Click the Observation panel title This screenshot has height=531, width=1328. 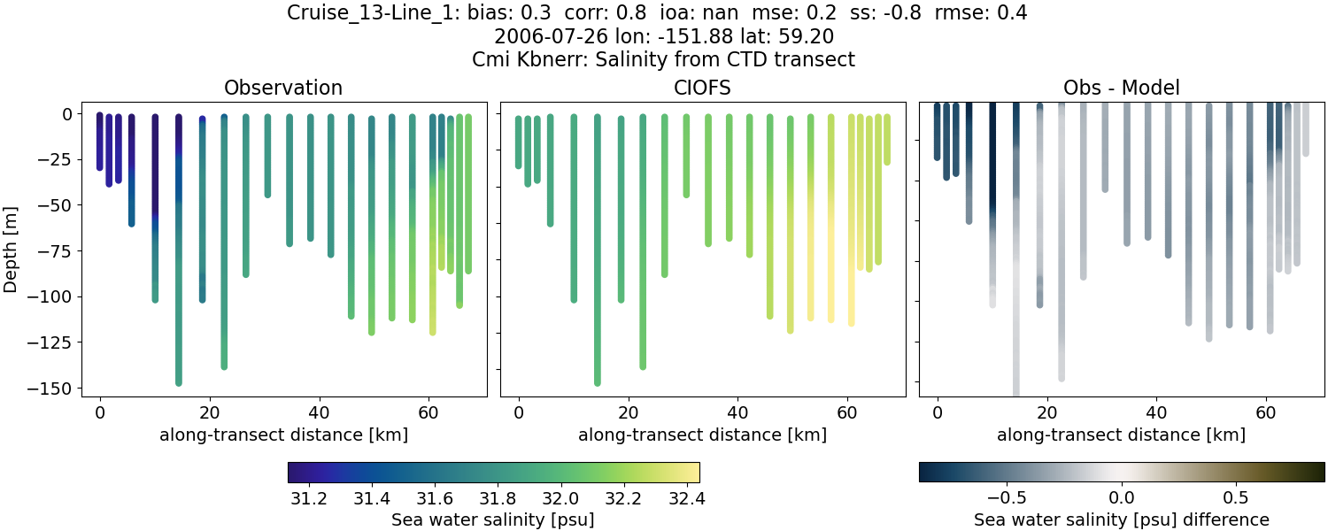(x=282, y=88)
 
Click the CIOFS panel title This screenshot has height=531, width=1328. (x=702, y=88)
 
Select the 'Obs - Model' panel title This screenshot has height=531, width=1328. (x=1121, y=88)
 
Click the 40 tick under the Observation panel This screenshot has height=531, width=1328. (x=319, y=412)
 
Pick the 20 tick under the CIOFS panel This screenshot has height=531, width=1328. (x=628, y=412)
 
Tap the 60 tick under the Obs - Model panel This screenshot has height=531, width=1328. (x=1266, y=412)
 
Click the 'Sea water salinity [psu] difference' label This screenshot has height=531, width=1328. (x=1121, y=519)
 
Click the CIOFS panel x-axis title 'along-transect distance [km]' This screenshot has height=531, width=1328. (x=702, y=435)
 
